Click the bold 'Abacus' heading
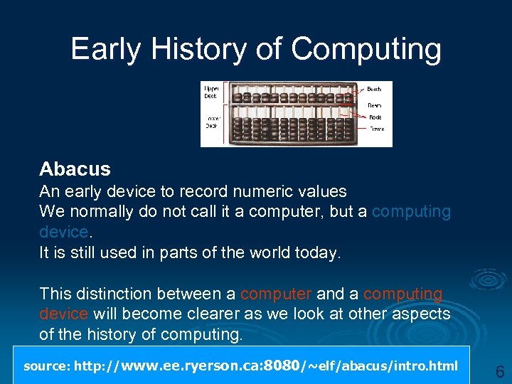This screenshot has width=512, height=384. click(x=75, y=169)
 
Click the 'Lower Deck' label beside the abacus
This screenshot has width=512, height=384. click(x=211, y=122)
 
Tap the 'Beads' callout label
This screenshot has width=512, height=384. click(x=374, y=89)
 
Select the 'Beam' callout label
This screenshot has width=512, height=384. click(x=374, y=105)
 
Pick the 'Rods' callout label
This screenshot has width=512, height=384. click(x=374, y=117)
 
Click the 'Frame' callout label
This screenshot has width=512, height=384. click(x=375, y=129)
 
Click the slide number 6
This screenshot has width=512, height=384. click(x=500, y=372)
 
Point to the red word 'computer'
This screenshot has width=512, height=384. click(x=275, y=294)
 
